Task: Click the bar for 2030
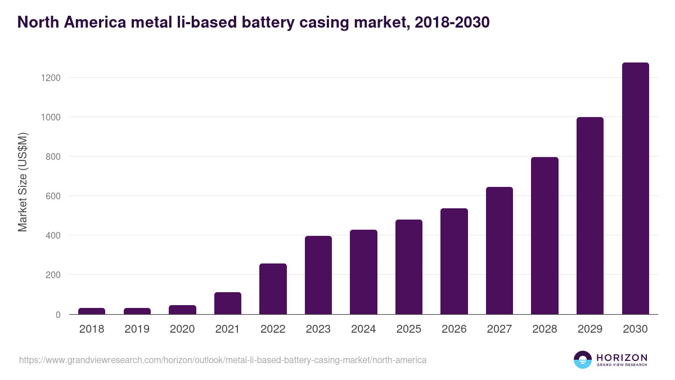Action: (635, 189)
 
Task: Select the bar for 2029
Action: (590, 216)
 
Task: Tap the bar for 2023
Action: (318, 275)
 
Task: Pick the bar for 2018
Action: (92, 311)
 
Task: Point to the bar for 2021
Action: (228, 303)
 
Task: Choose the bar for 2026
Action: (454, 261)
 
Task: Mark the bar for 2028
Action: (544, 236)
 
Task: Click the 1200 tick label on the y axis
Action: (50, 78)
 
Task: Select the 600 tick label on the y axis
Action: (53, 196)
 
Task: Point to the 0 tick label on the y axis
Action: (57, 315)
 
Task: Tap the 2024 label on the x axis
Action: (363, 329)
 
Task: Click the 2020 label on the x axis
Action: (182, 329)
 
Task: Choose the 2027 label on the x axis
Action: (499, 329)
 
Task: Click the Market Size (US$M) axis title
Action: (22, 182)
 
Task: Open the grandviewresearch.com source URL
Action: (223, 360)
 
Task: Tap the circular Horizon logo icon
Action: (583, 360)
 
